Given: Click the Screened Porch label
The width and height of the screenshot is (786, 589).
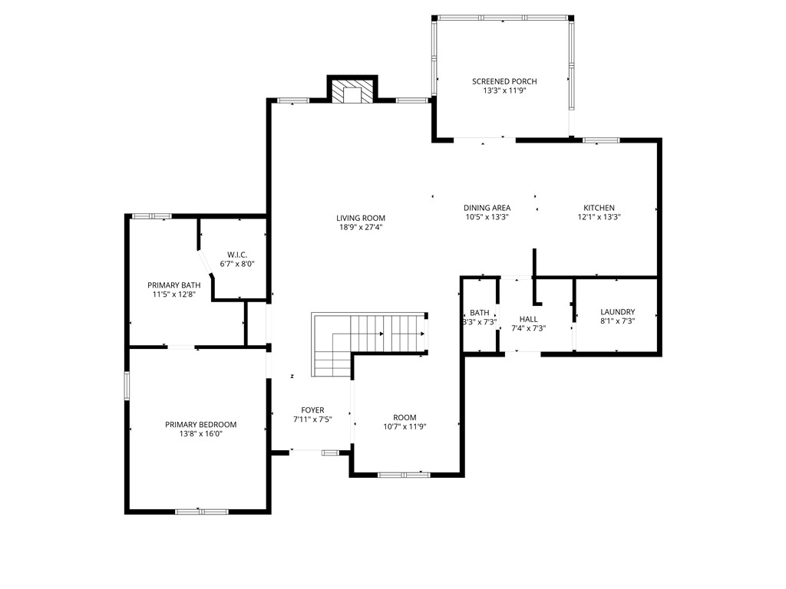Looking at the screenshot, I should pos(504,81).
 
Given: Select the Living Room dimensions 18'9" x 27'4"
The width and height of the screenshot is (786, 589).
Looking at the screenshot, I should pos(360,227).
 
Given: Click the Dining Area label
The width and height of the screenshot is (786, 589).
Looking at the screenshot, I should pos(487,208).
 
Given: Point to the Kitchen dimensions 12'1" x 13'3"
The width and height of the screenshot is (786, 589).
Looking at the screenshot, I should pos(599,217).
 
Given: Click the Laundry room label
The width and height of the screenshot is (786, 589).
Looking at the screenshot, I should pos(617,312).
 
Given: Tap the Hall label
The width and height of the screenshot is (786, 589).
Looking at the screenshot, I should pos(528,319).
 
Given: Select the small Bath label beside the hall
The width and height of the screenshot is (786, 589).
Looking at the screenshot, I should pos(480,313).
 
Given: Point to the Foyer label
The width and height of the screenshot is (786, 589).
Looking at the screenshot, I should pos(312,410).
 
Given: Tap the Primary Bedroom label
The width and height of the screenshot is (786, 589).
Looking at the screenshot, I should pos(200,425).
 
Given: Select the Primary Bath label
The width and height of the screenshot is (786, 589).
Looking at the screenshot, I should pos(169,285).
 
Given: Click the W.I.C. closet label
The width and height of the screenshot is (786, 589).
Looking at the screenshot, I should pos(236,255).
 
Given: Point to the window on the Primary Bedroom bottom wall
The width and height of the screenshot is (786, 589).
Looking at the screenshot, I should pos(201,511).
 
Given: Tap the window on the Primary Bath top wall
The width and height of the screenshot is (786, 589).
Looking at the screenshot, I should pos(150,216).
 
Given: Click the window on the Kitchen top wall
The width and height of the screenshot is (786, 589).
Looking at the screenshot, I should pos(600,140).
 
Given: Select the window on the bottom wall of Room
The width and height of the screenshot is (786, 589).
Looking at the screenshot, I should pos(404,475).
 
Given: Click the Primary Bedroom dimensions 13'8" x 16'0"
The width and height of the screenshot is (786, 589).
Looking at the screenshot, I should pos(200,434).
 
